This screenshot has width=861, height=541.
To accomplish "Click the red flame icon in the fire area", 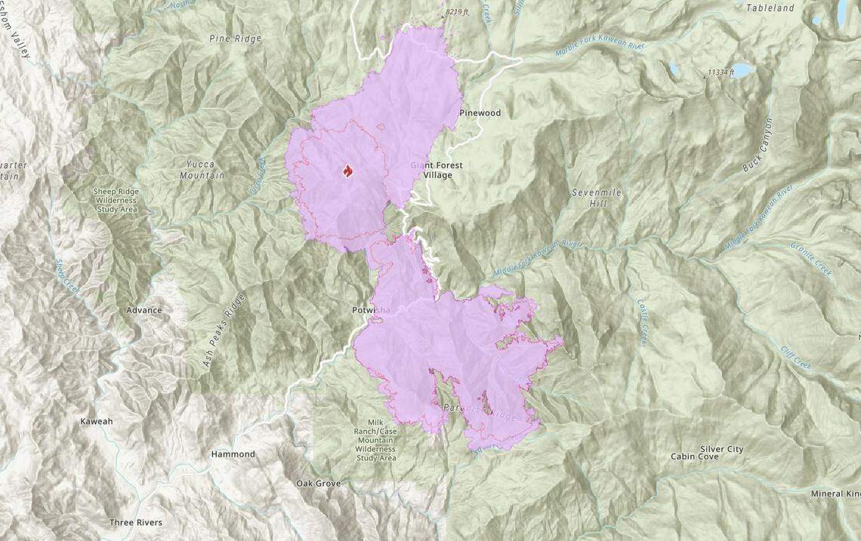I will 347,172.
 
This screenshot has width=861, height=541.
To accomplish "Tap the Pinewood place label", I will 480,113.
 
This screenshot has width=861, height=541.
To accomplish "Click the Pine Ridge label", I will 235,38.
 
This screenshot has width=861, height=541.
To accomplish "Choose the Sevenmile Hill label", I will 596,198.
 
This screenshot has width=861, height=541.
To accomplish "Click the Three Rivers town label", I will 136,522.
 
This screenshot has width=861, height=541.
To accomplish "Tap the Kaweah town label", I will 96,421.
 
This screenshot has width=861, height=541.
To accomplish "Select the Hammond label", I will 233,454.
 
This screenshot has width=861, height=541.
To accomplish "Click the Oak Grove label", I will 318,483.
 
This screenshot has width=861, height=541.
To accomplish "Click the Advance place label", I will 144,310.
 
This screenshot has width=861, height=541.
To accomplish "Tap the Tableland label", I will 770,8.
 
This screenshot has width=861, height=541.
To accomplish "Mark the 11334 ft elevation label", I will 721,72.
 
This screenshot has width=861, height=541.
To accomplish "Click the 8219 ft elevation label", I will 457,12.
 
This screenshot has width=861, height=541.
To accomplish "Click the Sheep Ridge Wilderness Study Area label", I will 116,201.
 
